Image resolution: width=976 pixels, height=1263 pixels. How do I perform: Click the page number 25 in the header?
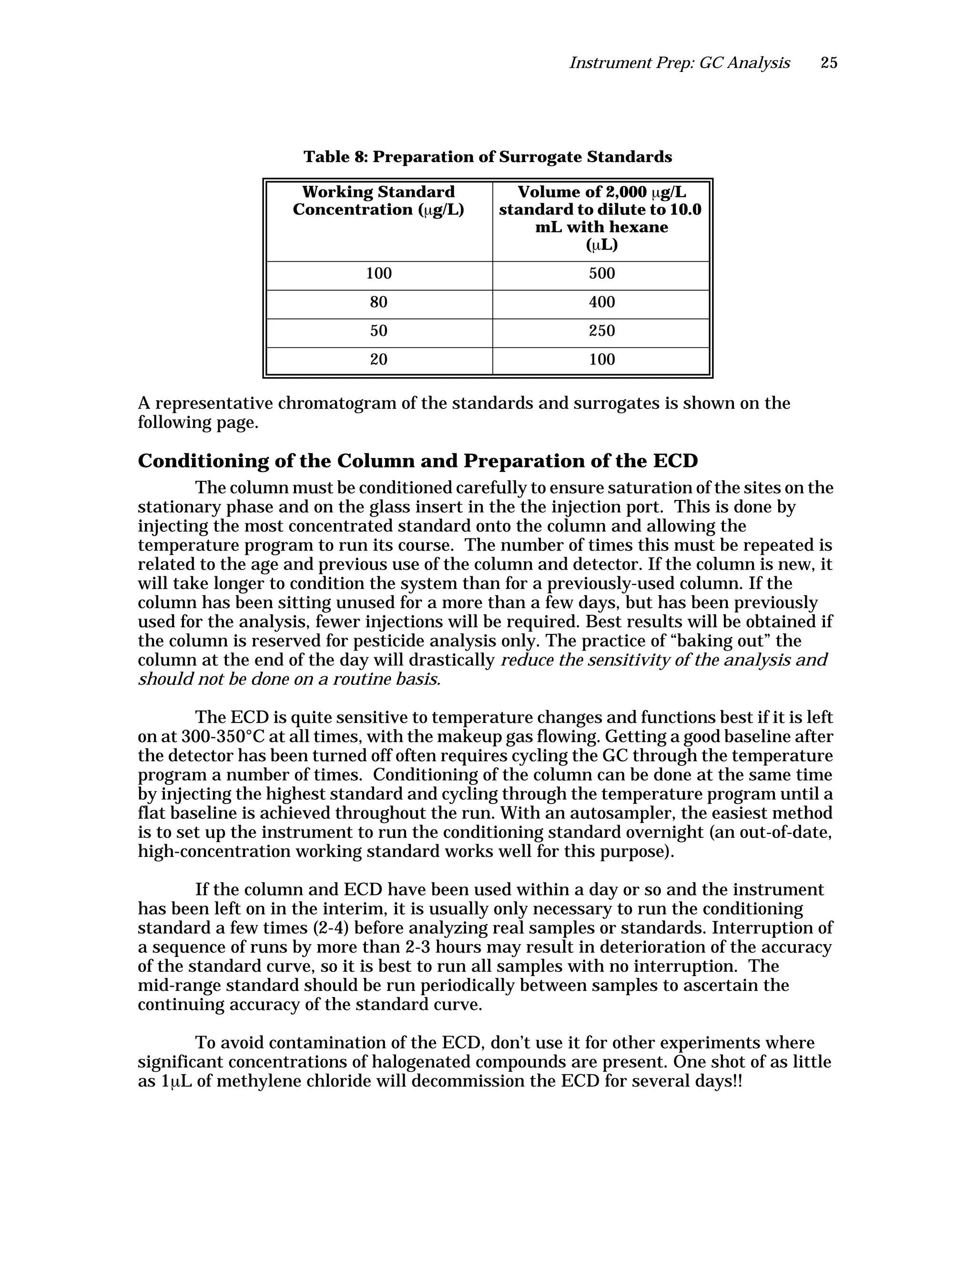pos(829,63)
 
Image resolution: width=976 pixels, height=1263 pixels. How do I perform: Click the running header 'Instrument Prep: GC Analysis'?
pos(680,63)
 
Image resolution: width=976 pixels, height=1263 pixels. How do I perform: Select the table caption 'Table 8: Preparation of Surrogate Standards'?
pos(488,157)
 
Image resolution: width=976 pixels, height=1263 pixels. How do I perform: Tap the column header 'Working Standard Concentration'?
pos(379,201)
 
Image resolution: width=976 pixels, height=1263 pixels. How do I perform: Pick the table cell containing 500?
pos(601,274)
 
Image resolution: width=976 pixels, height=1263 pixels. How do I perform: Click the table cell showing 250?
pos(601,331)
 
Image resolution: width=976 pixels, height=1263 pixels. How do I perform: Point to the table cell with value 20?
pos(379,360)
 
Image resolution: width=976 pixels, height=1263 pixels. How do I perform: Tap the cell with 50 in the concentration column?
pos(379,331)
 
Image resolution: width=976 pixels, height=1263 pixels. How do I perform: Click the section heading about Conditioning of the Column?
pos(417,461)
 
